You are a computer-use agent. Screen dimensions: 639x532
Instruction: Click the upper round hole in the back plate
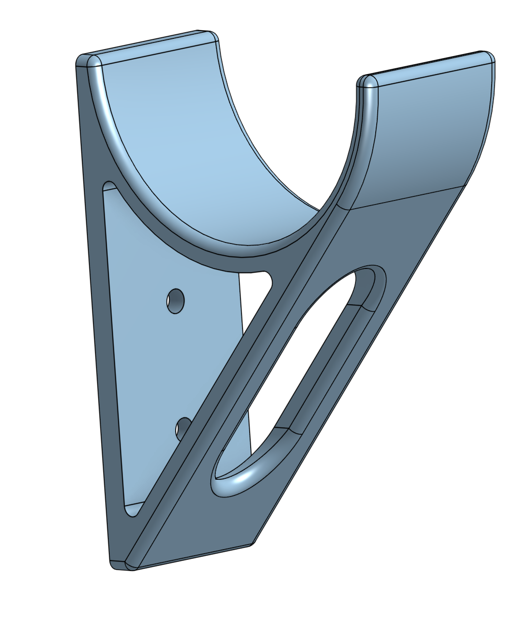click(x=175, y=301)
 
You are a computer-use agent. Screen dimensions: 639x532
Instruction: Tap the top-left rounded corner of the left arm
click(x=82, y=60)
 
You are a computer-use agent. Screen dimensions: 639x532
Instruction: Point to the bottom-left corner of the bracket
click(x=113, y=564)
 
